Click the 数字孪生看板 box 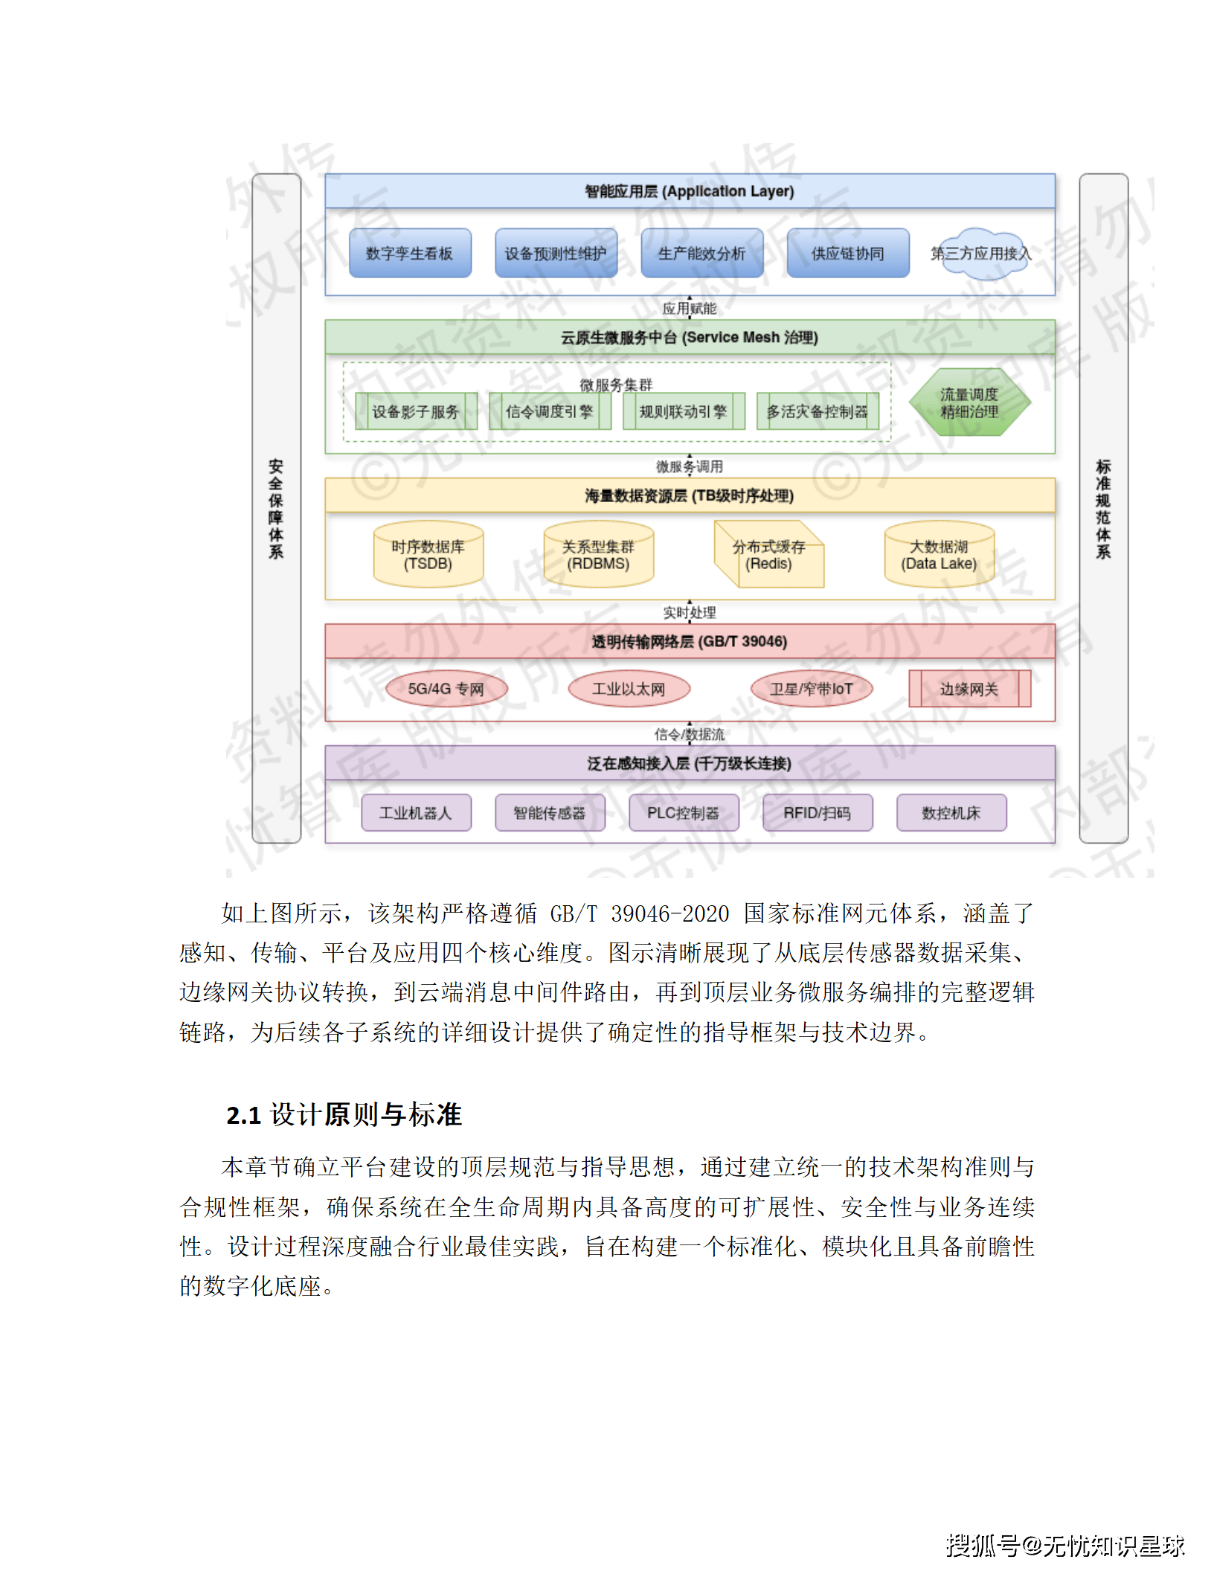pos(410,254)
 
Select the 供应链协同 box pos(847,254)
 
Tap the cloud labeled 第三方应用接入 pos(980,254)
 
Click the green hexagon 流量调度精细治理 pos(969,403)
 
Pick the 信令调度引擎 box pos(550,411)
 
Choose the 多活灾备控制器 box pos(818,411)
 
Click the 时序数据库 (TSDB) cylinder pos(428,556)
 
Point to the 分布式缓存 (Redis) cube pos(769,556)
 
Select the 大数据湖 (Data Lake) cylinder pos(939,556)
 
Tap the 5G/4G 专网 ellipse pos(446,689)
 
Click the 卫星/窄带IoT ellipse pos(811,689)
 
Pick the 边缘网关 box pos(969,689)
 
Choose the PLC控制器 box pos(684,813)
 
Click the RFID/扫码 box pos(818,813)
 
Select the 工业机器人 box pos(416,813)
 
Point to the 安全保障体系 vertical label pos(276,509)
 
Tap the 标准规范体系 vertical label pos(1103,509)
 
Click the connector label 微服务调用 pos(690,466)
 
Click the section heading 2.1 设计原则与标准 pos(344,1115)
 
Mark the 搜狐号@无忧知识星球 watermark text pos(1065,1545)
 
